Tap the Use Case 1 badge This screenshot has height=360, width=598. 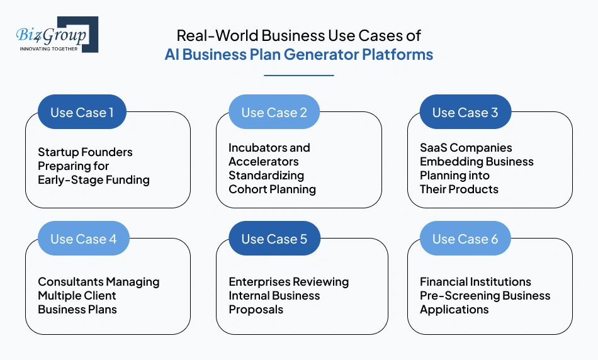[82, 113]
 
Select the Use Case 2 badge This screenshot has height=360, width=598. [274, 113]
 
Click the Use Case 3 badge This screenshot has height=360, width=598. [465, 113]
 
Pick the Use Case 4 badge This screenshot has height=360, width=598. [83, 239]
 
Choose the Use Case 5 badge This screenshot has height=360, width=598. [274, 239]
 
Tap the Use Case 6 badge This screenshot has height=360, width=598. [465, 239]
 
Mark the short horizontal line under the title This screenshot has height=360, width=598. [298, 76]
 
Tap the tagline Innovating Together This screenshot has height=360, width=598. [49, 48]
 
